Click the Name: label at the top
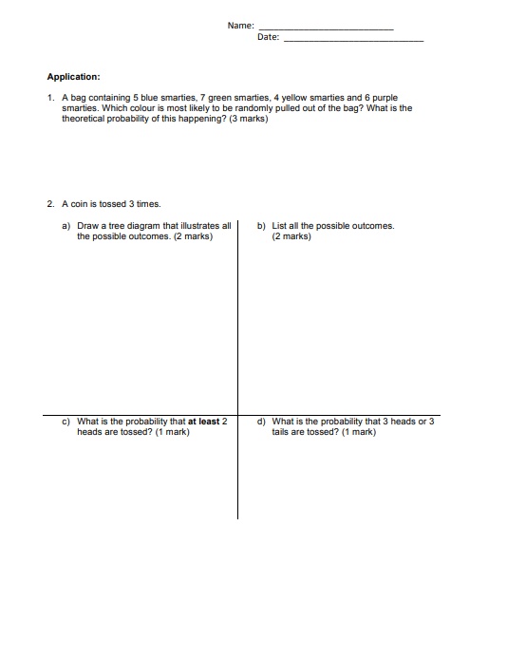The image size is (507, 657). [241, 25]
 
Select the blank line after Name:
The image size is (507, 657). [326, 28]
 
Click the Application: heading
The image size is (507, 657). [74, 77]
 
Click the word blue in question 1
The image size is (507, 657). [149, 97]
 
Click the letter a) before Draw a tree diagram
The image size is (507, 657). [66, 226]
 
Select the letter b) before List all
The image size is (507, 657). [261, 226]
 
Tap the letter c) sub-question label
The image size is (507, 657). [66, 422]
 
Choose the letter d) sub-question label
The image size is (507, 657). [261, 422]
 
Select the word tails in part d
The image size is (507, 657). [282, 432]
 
